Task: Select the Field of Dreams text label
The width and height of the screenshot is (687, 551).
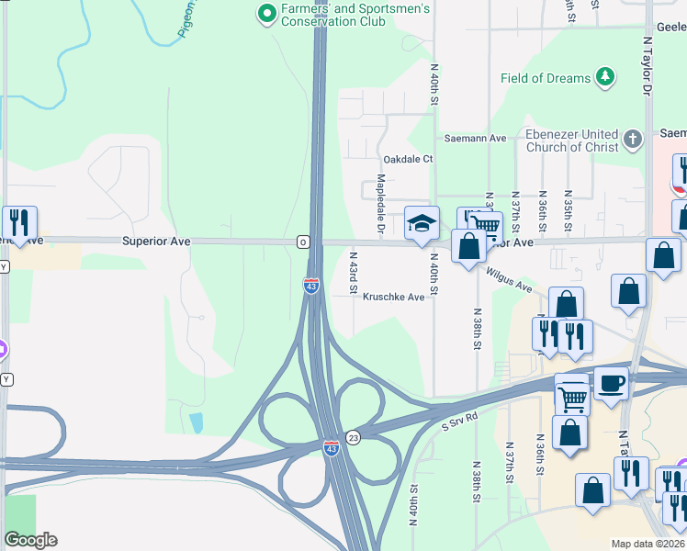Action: (546, 78)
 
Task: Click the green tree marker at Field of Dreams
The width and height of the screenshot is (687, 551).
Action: (605, 77)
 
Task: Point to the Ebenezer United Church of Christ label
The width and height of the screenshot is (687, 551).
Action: (571, 141)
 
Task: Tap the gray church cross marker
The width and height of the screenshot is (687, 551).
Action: (632, 140)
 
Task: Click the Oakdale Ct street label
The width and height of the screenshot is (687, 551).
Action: (408, 159)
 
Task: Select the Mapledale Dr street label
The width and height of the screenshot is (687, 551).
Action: (379, 203)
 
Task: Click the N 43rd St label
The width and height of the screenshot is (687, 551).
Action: (353, 273)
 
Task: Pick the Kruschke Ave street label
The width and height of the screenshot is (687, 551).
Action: (393, 297)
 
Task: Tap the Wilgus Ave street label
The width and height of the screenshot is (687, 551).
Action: (510, 280)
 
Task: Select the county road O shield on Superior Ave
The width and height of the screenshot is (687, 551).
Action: (302, 242)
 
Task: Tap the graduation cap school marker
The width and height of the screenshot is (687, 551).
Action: (422, 223)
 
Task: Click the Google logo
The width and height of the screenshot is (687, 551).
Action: (30, 540)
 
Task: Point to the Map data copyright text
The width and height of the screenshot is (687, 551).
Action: (648, 544)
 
